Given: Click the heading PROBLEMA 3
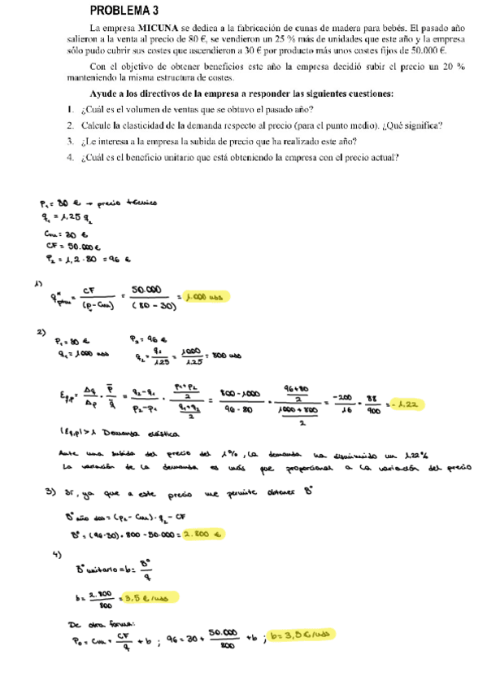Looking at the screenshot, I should click(x=124, y=11).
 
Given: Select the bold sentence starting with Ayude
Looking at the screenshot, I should click(x=241, y=94).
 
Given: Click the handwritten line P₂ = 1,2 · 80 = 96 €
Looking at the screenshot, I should click(x=85, y=260).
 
